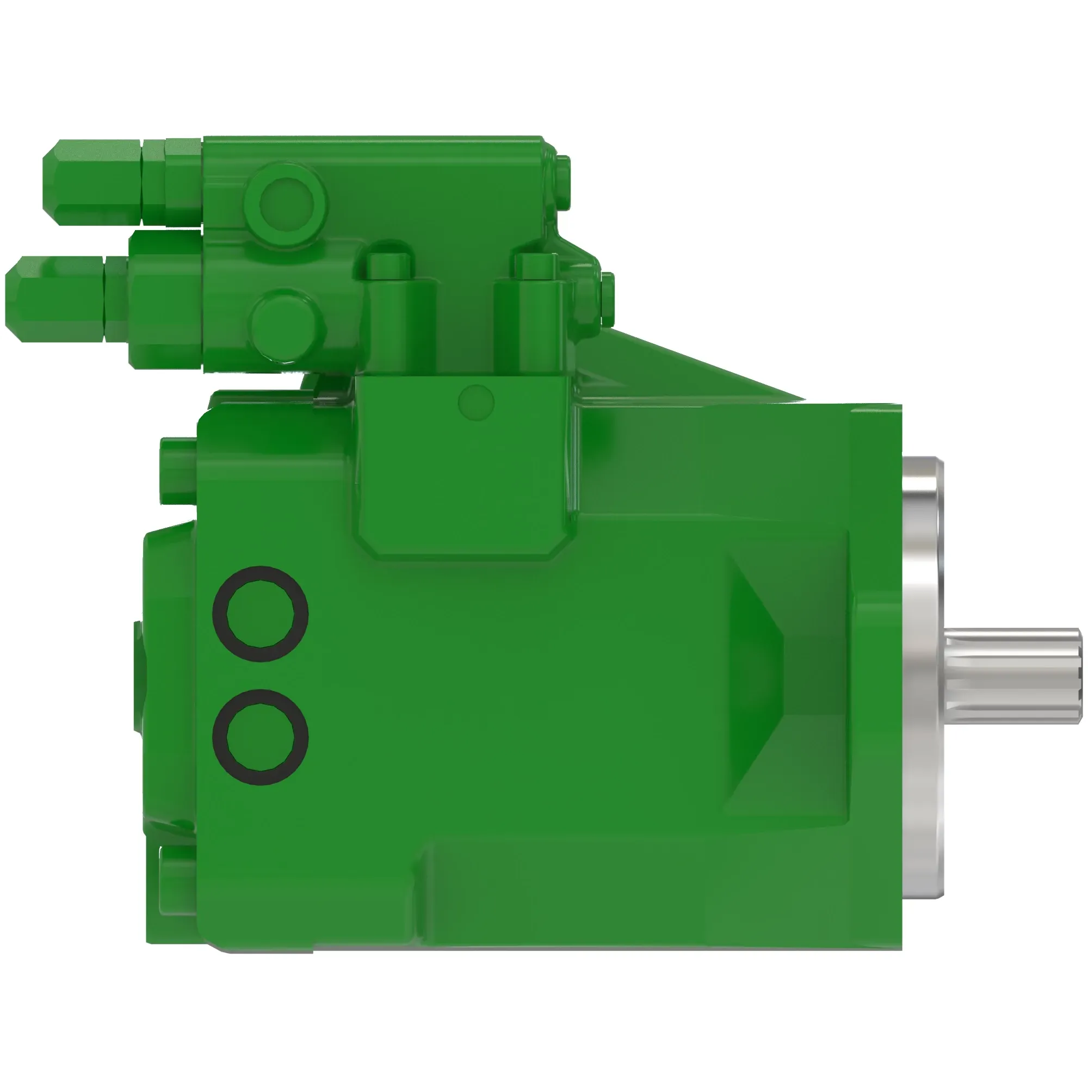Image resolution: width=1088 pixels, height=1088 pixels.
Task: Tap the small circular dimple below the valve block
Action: (476, 402)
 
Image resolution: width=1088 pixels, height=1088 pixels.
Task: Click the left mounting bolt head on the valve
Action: (388, 265)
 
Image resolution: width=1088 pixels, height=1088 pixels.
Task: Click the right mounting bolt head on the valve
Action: (535, 265)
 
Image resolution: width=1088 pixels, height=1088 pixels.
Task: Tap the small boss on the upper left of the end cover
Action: (178, 470)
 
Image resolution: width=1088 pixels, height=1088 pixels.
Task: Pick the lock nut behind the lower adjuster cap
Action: (116, 299)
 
